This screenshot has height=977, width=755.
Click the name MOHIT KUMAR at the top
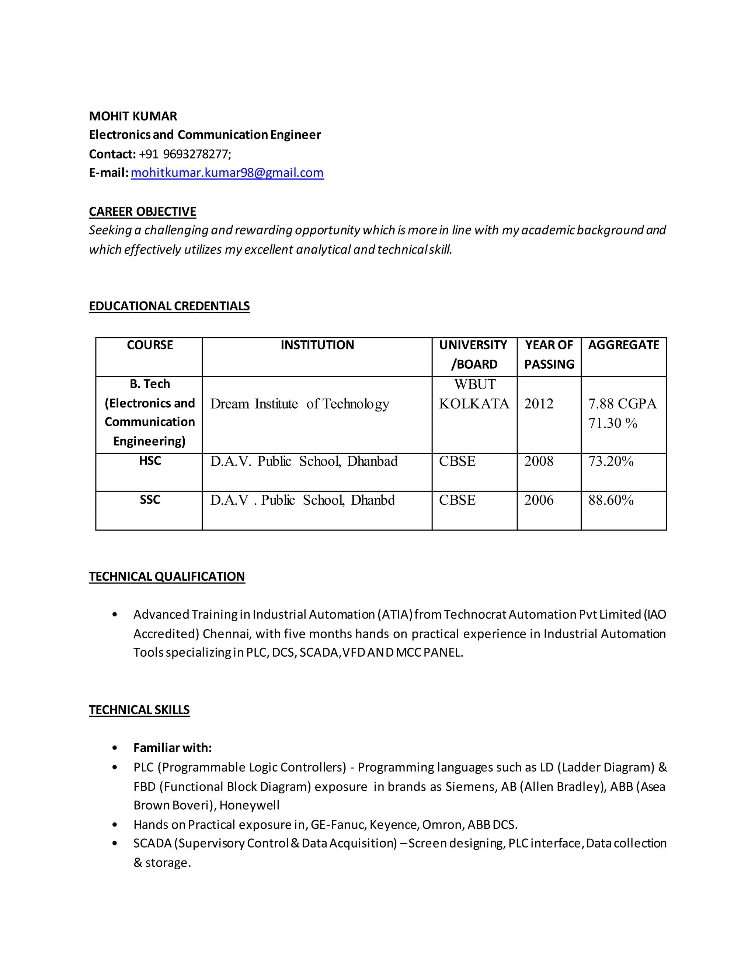133,116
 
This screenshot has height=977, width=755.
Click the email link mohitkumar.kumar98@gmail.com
227,173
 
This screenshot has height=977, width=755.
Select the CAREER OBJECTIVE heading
142,212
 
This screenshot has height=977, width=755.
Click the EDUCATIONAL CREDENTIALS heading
169,306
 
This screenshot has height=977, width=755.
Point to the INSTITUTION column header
317,345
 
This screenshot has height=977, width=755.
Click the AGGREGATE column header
623,345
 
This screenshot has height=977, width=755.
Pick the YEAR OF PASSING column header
549,354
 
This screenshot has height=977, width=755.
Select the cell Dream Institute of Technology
299,404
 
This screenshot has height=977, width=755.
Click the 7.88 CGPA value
622,404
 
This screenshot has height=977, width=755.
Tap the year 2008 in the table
539,461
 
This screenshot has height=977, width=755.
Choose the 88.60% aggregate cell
610,500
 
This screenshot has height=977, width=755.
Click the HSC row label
149,461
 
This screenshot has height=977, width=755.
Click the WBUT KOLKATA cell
474,394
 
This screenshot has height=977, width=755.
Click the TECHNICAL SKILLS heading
139,710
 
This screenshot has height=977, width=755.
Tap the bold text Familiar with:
172,748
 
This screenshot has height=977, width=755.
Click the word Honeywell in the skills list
249,805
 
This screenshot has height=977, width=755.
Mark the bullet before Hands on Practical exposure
115,824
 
